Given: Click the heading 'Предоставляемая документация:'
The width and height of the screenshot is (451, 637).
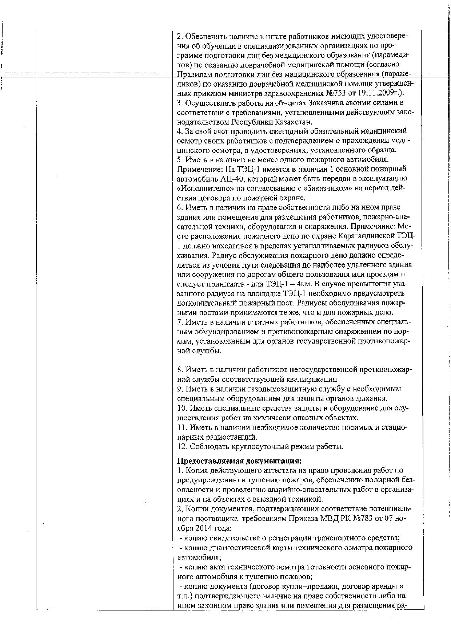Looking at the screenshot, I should tap(239, 461).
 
